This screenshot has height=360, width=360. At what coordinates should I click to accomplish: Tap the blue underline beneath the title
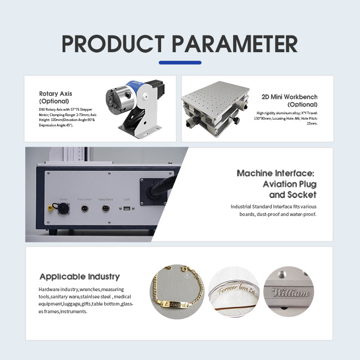tap(180, 63)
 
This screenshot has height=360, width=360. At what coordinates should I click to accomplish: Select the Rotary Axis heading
tap(55, 94)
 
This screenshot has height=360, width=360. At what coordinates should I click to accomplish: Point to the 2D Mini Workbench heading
tap(289, 97)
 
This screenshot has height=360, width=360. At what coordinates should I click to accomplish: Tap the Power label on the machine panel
tap(63, 199)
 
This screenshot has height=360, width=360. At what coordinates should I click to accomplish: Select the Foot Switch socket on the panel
tap(84, 208)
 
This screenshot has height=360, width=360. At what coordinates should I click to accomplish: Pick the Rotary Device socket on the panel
tap(106, 208)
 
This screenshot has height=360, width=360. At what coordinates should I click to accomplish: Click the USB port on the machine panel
tap(126, 208)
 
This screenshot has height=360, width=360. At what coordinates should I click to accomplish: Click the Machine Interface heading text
tap(275, 173)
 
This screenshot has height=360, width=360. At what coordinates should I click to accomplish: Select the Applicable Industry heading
tap(79, 277)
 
